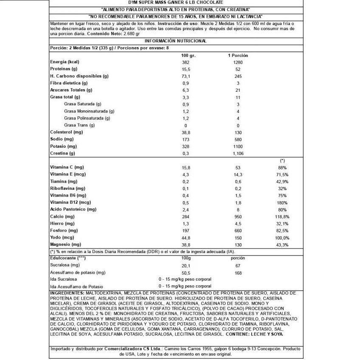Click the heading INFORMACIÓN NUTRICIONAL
point(175,41)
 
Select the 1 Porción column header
point(238,56)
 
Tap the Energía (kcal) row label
point(65,62)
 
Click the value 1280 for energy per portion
point(238,62)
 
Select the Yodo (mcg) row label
point(62,237)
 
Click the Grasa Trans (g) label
point(79,125)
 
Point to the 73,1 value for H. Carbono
point(185,76)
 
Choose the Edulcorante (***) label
point(68,258)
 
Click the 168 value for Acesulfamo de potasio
point(238,272)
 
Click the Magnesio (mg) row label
point(65,245)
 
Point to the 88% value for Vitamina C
point(282,168)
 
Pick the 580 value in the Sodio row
point(238,139)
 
